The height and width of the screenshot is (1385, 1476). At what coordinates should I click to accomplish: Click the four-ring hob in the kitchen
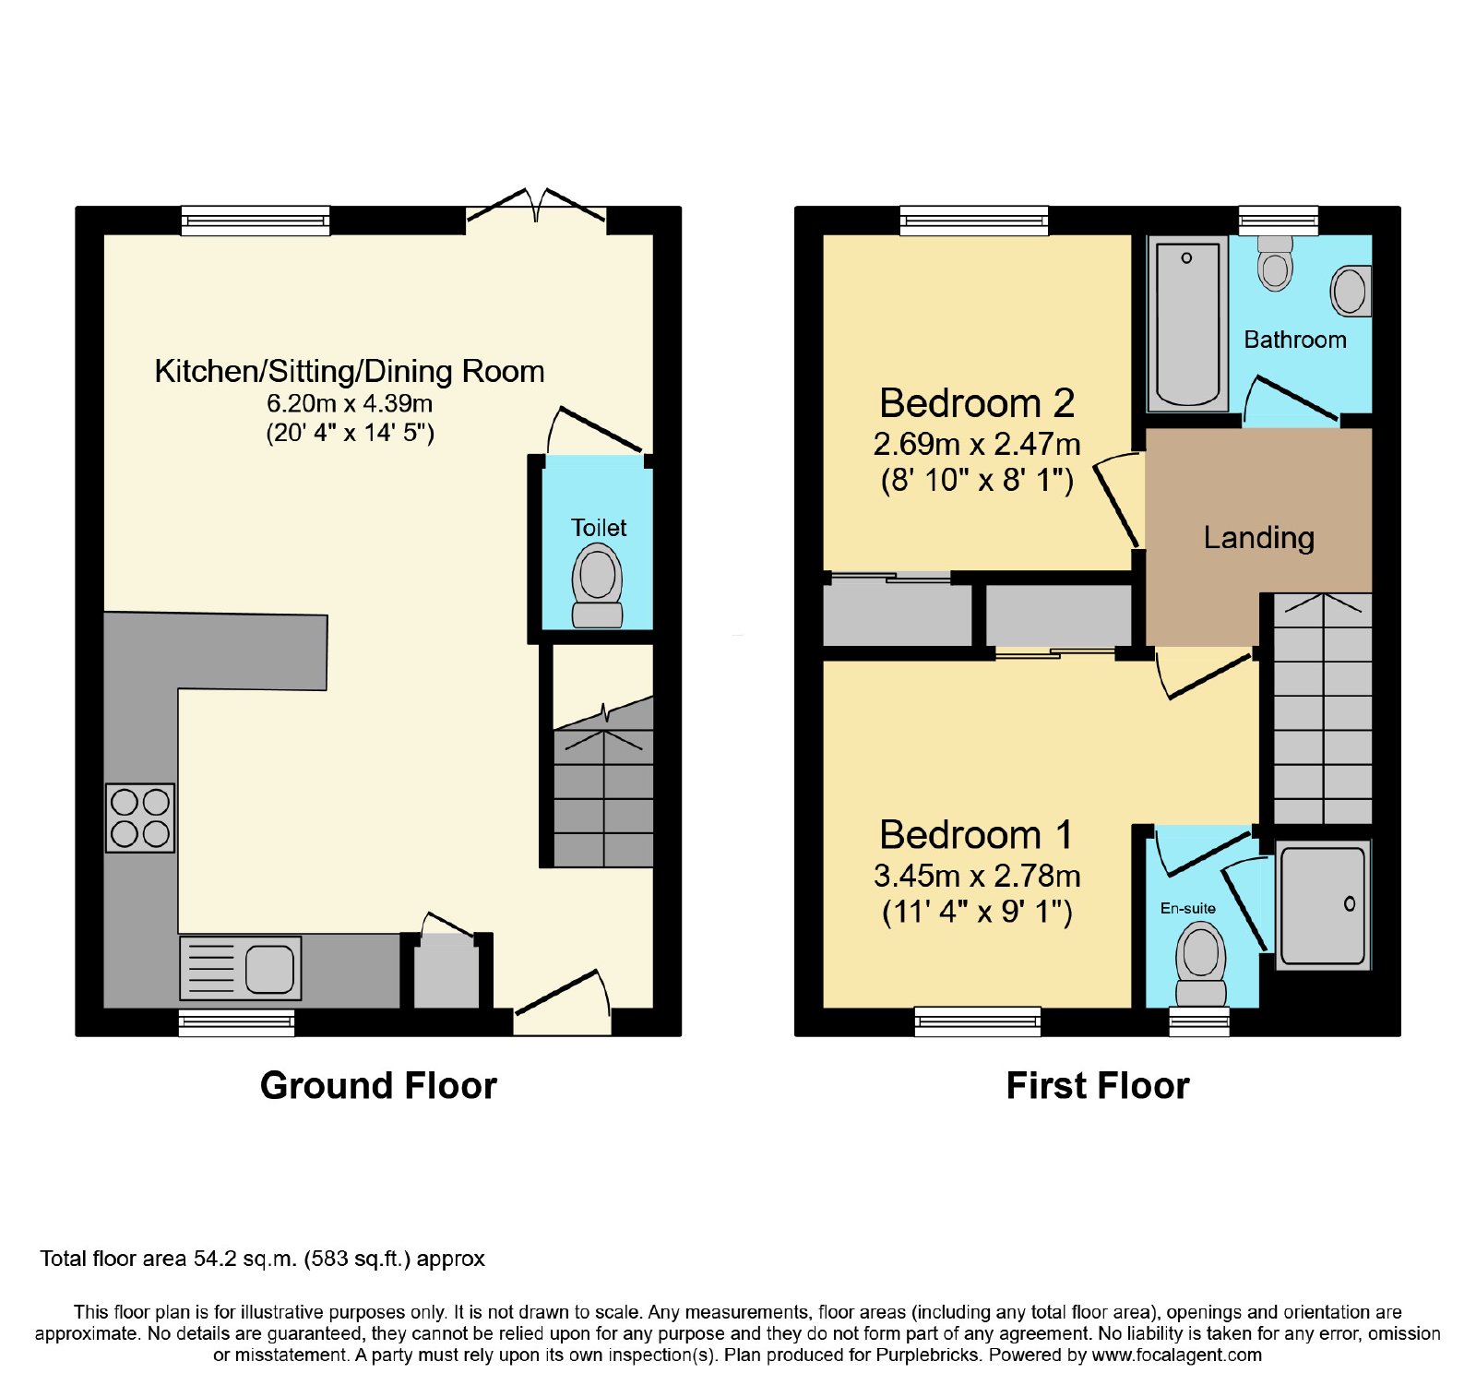tap(140, 818)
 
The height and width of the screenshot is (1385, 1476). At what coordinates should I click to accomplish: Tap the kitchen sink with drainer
tap(240, 968)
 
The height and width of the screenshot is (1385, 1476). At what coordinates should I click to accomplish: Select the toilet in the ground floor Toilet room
tap(598, 585)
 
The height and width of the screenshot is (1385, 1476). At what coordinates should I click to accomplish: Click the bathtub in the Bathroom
tap(1187, 323)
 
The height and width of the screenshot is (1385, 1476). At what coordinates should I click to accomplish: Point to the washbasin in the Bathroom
tap(1351, 290)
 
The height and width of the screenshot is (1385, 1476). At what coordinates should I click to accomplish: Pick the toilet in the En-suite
tap(1200, 965)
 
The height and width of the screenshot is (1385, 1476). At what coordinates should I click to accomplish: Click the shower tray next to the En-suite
tap(1323, 905)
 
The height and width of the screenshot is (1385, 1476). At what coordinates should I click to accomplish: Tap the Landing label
tap(1258, 538)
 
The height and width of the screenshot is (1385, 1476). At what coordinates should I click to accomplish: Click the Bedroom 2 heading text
tap(977, 403)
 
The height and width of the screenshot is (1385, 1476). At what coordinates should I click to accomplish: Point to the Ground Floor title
tap(378, 1085)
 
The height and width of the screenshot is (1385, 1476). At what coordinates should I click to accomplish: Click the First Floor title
tap(1098, 1085)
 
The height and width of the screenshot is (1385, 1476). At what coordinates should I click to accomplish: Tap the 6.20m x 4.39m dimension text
tap(350, 403)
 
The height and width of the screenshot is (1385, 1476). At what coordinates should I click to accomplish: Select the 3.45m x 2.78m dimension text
tap(977, 876)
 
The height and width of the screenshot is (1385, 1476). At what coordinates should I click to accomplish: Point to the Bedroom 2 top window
tap(974, 220)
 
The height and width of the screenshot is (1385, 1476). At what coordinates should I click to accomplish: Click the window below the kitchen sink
tap(236, 1021)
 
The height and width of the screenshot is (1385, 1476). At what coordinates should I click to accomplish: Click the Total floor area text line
tap(262, 1259)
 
